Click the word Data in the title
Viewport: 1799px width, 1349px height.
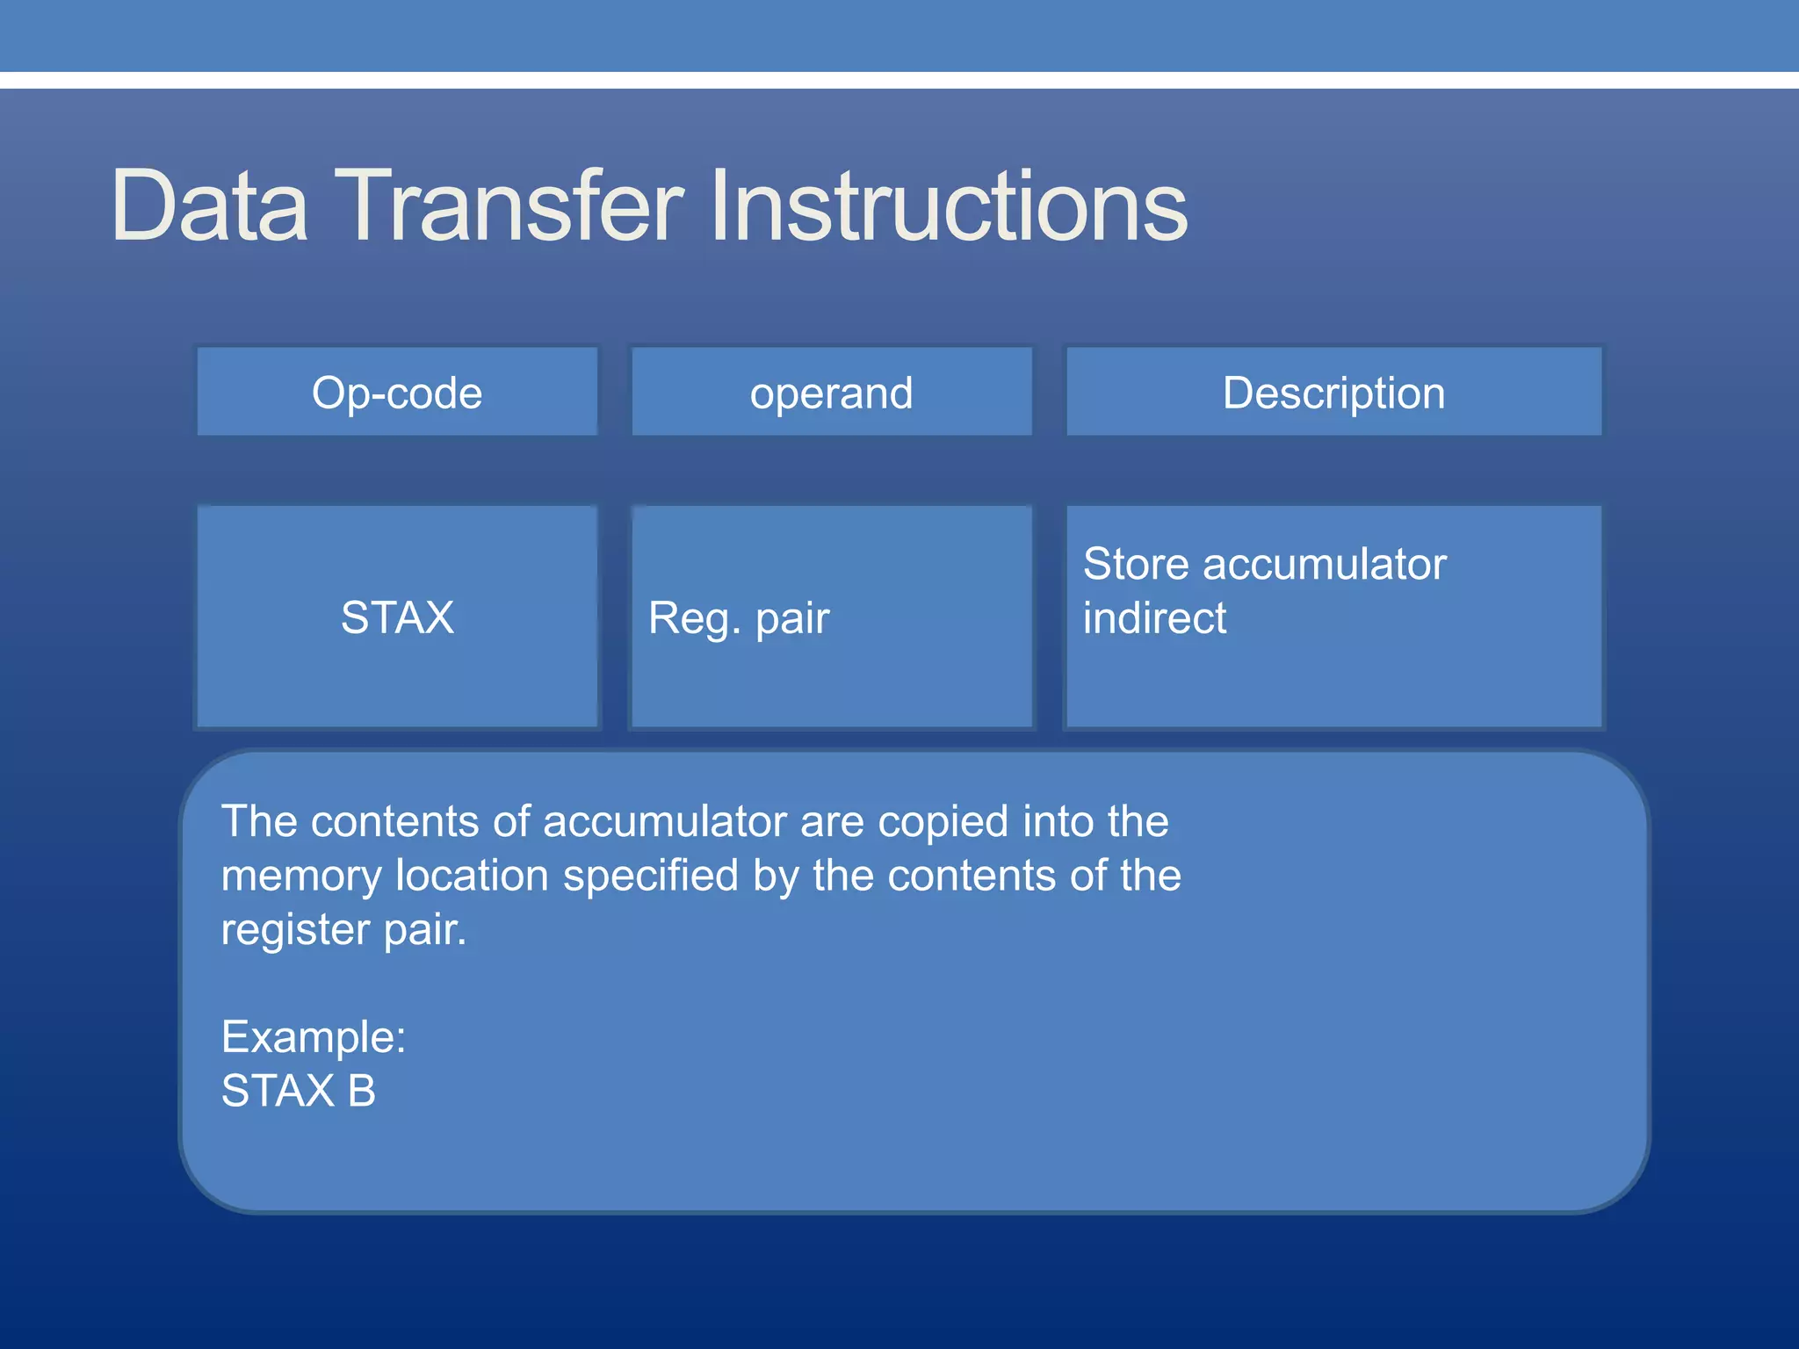click(209, 206)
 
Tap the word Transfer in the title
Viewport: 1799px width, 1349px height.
click(509, 206)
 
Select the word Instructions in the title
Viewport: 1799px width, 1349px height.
click(949, 206)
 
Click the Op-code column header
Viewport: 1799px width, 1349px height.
click(397, 393)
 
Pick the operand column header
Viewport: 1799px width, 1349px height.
click(831, 393)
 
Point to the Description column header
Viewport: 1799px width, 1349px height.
click(1333, 393)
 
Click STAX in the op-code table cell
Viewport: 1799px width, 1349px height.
click(397, 617)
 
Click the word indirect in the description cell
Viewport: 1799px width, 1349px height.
click(1154, 618)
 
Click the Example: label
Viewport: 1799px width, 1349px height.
click(314, 1037)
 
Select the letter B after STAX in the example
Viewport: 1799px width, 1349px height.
click(361, 1091)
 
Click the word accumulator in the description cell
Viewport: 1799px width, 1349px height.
click(1324, 564)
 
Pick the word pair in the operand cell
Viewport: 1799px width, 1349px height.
click(792, 619)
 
